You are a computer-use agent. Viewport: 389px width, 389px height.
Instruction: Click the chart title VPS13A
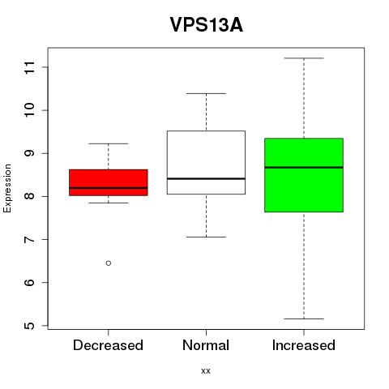207,25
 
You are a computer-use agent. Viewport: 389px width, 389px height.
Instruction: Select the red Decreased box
109,182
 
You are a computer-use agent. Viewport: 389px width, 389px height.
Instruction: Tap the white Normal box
206,162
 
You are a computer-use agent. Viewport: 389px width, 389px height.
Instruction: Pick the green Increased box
304,175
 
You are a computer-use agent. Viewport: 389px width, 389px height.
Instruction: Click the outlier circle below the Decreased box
109,263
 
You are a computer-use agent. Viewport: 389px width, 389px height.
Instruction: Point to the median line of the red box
109,188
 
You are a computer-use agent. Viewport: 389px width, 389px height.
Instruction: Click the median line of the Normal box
206,178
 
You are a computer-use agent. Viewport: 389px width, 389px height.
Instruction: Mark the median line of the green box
304,168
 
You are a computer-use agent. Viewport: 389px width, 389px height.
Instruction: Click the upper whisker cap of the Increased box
304,58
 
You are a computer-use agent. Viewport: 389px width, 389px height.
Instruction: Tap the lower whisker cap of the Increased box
304,318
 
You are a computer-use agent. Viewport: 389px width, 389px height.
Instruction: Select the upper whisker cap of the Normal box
206,93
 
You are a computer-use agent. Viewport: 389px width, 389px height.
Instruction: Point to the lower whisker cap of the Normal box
206,237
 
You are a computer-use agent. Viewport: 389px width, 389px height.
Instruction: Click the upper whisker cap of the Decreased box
109,143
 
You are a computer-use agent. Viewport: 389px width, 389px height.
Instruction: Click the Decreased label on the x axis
108,345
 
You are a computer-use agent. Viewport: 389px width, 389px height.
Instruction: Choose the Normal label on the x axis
206,345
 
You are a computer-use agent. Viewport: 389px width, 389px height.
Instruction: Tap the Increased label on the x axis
304,345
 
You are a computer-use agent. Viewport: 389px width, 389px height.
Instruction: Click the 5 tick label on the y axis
29,326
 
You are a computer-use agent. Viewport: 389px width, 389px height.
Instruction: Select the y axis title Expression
7,188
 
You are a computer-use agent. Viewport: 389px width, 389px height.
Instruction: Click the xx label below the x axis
206,371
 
